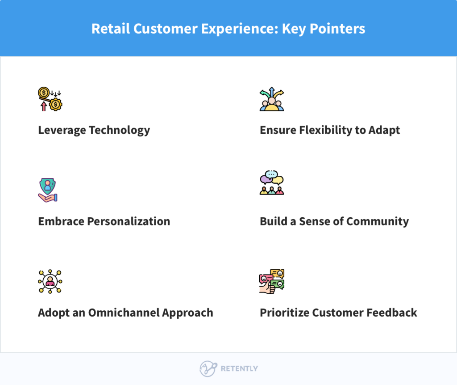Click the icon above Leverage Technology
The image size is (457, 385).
pyautogui.click(x=50, y=99)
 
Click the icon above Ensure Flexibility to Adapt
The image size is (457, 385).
pyautogui.click(x=272, y=99)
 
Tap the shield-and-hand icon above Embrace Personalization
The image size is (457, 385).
pyautogui.click(x=48, y=190)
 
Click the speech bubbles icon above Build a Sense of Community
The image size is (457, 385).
pyautogui.click(x=272, y=183)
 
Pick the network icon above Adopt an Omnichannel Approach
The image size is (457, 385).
pyautogui.click(x=50, y=281)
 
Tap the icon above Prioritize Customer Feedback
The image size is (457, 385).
pyautogui.click(x=272, y=281)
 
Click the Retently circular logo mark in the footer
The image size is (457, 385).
pyautogui.click(x=208, y=369)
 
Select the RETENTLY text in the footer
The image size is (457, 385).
pyautogui.click(x=239, y=369)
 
